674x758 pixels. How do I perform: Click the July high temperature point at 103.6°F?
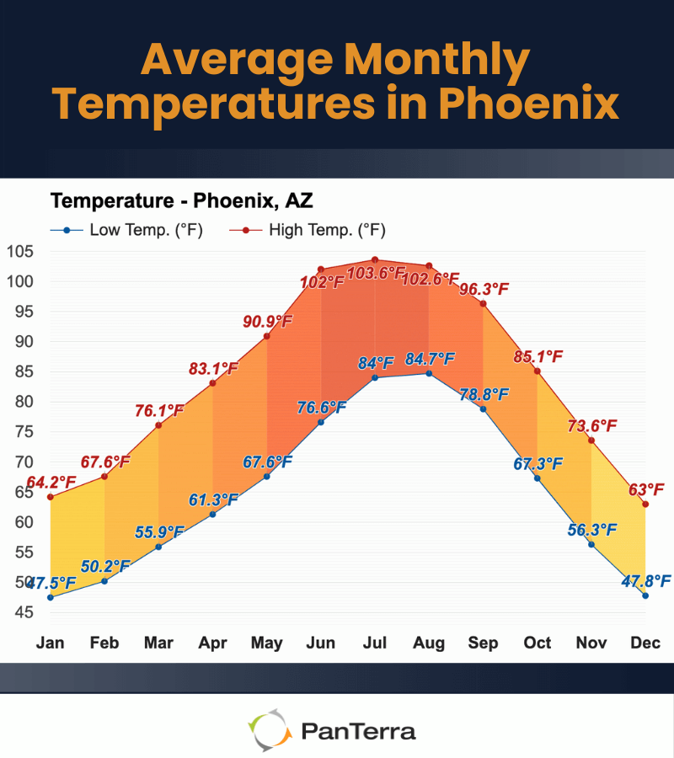pos(375,260)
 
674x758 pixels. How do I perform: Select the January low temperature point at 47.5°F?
pos(51,597)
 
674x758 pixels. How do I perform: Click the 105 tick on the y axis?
pos(19,251)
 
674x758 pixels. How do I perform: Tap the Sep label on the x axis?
pos(483,643)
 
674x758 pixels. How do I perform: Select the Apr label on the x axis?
pos(212,643)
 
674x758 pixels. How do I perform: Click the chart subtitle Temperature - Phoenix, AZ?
pos(182,200)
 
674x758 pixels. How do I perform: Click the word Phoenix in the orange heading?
pos(528,104)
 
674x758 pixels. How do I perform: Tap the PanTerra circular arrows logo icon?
pos(269,730)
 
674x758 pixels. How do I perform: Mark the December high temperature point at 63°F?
pos(645,504)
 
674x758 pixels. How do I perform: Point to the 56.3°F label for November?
pos(591,529)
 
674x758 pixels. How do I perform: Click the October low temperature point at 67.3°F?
pos(537,478)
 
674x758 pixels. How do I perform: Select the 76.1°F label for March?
pos(159,411)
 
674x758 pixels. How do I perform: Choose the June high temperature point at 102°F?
pos(321,270)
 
